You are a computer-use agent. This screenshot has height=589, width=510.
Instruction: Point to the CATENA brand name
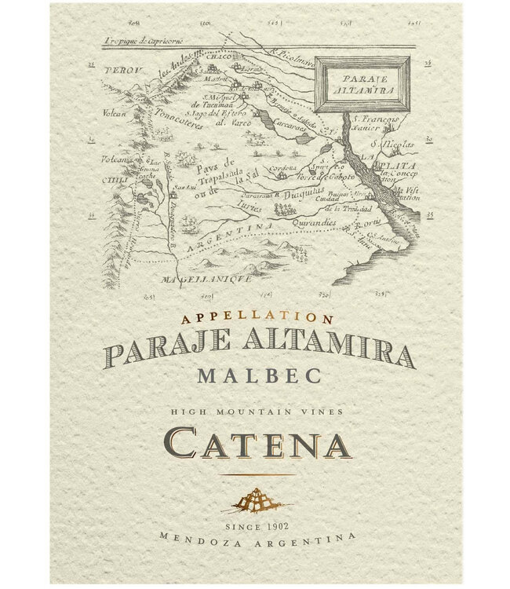point(256,444)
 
